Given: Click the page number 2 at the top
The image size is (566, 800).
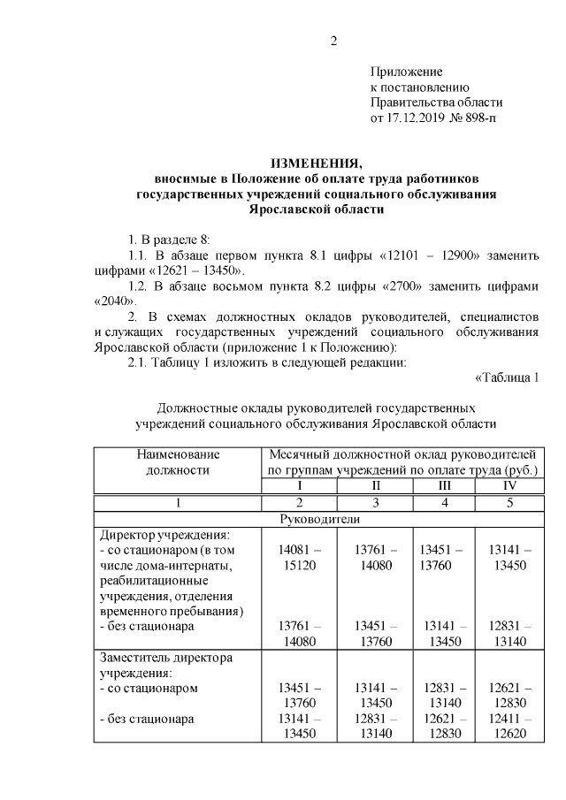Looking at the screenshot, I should pyautogui.click(x=334, y=40).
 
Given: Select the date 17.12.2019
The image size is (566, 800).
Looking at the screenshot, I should pyautogui.click(x=417, y=117).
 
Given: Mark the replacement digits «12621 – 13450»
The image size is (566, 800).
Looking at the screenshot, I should pyautogui.click(x=199, y=270).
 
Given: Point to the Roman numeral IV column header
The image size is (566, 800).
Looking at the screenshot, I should pyautogui.click(x=509, y=485).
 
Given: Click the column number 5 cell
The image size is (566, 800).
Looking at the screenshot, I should pyautogui.click(x=509, y=502).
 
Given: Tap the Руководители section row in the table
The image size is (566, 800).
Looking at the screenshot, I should pyautogui.click(x=317, y=519).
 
